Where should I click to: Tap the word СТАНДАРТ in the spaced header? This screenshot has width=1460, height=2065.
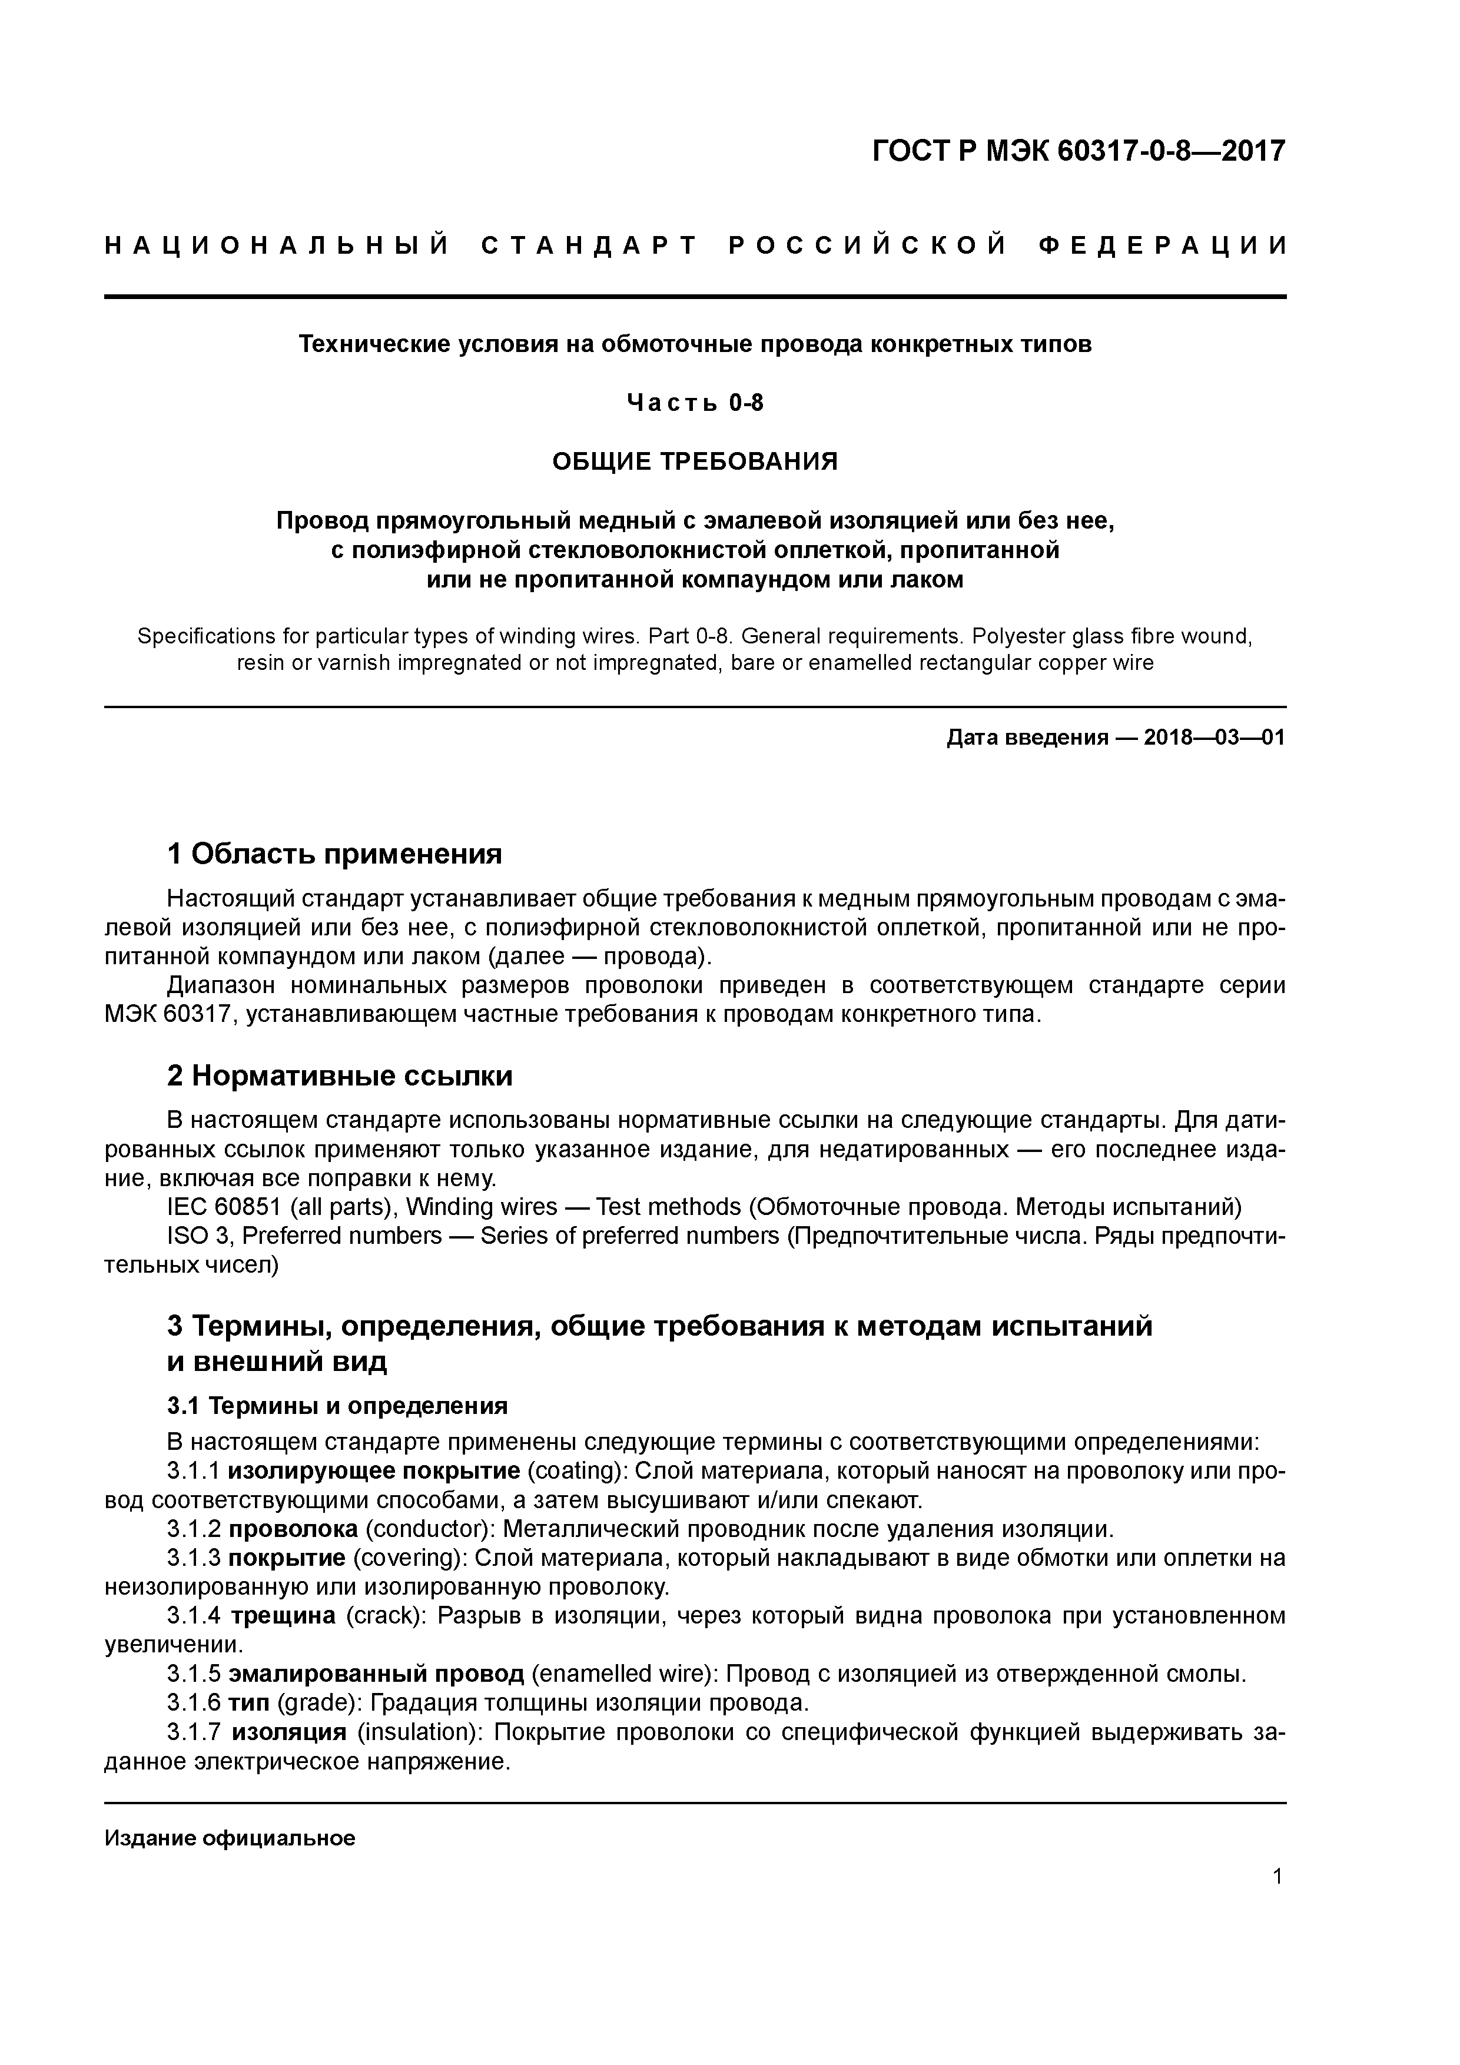590,245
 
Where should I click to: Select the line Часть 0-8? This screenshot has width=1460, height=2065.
695,403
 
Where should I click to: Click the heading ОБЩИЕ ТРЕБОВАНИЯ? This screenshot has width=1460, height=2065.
695,462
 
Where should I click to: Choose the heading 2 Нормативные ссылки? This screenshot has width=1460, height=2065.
340,1075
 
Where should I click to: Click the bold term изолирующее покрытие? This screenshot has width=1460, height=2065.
373,1470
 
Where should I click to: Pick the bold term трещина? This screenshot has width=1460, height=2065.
283,1615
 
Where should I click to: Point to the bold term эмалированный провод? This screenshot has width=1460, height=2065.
376,1674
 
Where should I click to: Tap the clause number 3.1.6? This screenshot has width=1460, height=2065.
194,1702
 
